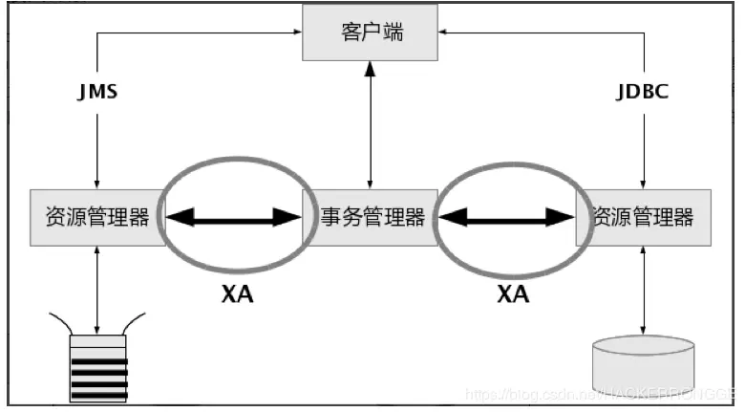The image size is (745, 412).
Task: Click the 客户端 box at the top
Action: (372, 33)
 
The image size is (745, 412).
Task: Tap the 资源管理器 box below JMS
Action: (96, 217)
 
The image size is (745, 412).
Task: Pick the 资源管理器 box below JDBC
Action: (643, 217)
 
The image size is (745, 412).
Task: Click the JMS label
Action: (96, 94)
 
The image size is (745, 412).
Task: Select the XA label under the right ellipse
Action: (512, 293)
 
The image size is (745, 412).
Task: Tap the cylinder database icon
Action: (643, 364)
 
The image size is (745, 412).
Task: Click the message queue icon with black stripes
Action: (98, 366)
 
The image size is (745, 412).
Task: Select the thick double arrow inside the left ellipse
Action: (236, 217)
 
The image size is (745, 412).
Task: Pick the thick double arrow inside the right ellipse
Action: (506, 217)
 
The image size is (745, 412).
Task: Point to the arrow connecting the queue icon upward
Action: (98, 287)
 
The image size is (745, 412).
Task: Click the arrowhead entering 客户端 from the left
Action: (295, 33)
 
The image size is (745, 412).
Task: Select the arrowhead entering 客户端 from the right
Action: (446, 33)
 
